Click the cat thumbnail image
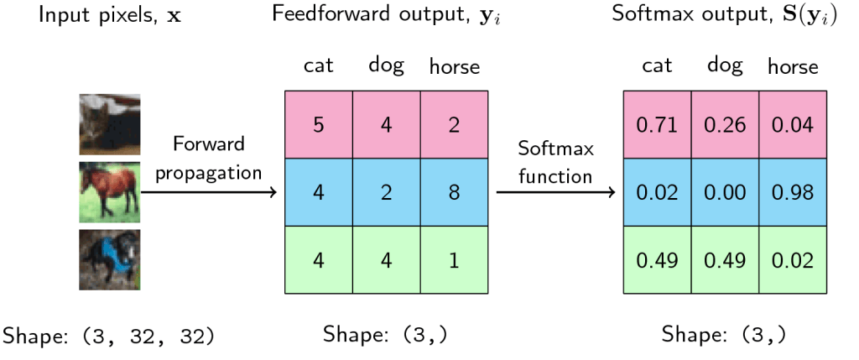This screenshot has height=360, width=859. pyautogui.click(x=110, y=123)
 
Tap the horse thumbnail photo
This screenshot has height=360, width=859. pyautogui.click(x=110, y=192)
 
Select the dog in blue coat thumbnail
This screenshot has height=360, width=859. pyautogui.click(x=110, y=259)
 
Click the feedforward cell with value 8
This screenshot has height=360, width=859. pyautogui.click(x=454, y=192)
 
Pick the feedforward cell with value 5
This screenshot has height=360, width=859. pyautogui.click(x=318, y=125)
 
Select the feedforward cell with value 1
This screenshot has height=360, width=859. pyautogui.click(x=454, y=260)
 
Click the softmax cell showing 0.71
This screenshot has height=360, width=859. pyautogui.click(x=657, y=125)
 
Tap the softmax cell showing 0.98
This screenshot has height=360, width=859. pyautogui.click(x=793, y=192)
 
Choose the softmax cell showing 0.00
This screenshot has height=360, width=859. pyautogui.click(x=725, y=192)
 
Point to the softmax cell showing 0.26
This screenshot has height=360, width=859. pyautogui.click(x=725, y=125)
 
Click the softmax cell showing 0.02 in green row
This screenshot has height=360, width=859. pyautogui.click(x=793, y=260)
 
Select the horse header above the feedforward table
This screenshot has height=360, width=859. pyautogui.click(x=454, y=66)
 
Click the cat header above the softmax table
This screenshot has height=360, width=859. pyautogui.click(x=657, y=65)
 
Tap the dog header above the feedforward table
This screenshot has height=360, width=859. pyautogui.click(x=386, y=65)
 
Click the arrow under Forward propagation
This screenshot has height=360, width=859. pyautogui.click(x=210, y=193)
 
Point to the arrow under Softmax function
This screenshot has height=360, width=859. pyautogui.click(x=555, y=193)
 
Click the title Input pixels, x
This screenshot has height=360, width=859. pyautogui.click(x=109, y=16)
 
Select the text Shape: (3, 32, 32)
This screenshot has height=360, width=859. pyautogui.click(x=108, y=336)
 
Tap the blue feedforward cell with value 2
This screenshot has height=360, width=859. pyautogui.click(x=386, y=192)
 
